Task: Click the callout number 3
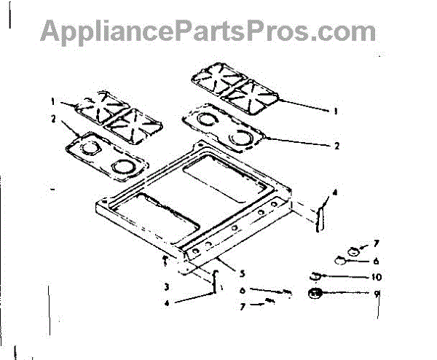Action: [166, 286]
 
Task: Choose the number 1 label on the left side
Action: [52, 102]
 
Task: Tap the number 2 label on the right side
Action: [337, 145]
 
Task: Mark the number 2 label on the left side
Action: [52, 118]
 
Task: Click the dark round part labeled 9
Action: [315, 294]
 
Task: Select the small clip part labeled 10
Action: [314, 275]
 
